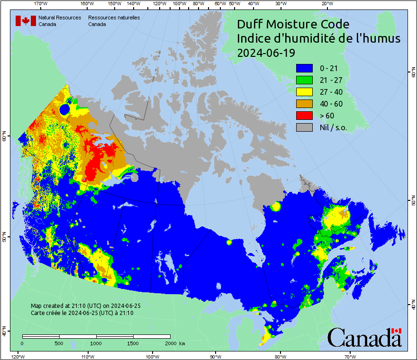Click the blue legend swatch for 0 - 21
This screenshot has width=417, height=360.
pos(304,69)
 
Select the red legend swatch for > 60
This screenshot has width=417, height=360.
pos(304,115)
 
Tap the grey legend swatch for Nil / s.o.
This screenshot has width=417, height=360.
pos(304,127)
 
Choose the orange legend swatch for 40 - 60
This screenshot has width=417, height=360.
pos(304,104)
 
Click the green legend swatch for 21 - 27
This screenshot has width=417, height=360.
pos(304,81)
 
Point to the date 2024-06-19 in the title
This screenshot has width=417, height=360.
pos(266,53)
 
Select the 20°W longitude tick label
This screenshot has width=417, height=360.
pos(326,4)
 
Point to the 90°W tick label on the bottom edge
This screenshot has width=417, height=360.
pos(215,356)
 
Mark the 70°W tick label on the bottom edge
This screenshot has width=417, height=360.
pos(350,356)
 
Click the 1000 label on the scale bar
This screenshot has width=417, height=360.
pos(96,343)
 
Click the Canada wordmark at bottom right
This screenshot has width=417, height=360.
pos(364,337)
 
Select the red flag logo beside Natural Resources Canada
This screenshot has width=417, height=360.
pos(26,21)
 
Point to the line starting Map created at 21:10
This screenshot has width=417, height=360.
pos(85,306)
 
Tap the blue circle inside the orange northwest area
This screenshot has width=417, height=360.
pos(65,110)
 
